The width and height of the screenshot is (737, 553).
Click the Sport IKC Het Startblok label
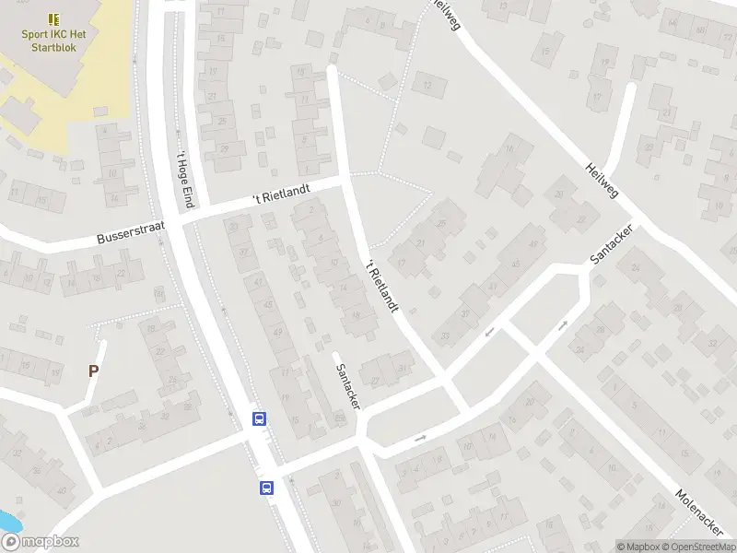coord(54,39)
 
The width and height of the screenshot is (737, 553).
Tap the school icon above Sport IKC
coord(54,18)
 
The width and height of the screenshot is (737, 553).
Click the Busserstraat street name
coord(130,233)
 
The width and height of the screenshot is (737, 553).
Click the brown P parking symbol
coord(92,371)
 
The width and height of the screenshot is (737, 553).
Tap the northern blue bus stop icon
coord(260,419)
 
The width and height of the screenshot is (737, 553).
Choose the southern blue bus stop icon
coord(267,488)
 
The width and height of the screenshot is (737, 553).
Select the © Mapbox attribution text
coord(638,546)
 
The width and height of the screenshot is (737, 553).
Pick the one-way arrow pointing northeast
coord(562,325)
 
